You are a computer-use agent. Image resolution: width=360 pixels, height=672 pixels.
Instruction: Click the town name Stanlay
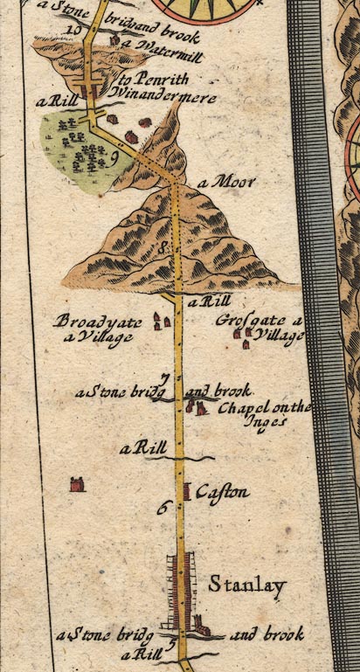click(x=246, y=586)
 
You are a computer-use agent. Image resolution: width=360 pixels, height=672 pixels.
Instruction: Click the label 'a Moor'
click(x=226, y=183)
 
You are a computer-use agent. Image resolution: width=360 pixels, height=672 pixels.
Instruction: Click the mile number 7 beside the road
click(x=164, y=378)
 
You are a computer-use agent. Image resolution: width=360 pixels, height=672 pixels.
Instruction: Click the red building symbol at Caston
click(x=186, y=491)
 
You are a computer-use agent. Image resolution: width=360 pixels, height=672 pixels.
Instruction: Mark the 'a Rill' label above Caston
click(x=143, y=448)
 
